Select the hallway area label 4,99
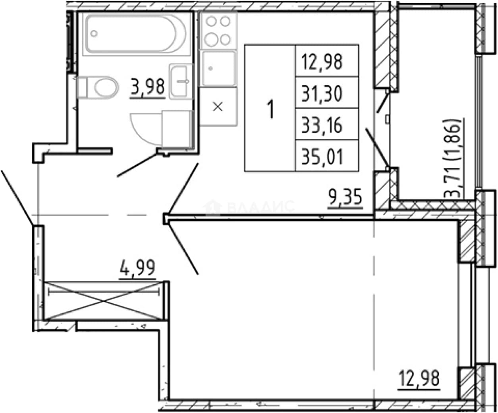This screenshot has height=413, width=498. click(138, 269)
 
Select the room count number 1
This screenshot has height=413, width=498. click(270, 109)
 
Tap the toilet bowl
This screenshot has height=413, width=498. click(98, 87)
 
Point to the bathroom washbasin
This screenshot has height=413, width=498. click(181, 81)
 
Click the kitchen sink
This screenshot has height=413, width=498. click(218, 69)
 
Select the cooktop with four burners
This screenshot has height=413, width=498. click(218, 31)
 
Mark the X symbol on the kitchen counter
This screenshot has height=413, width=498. click(218, 106)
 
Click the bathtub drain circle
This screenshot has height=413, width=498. click(94, 34)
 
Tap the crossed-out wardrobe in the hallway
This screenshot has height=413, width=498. click(104, 301)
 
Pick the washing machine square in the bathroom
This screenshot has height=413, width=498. click(177, 129)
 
